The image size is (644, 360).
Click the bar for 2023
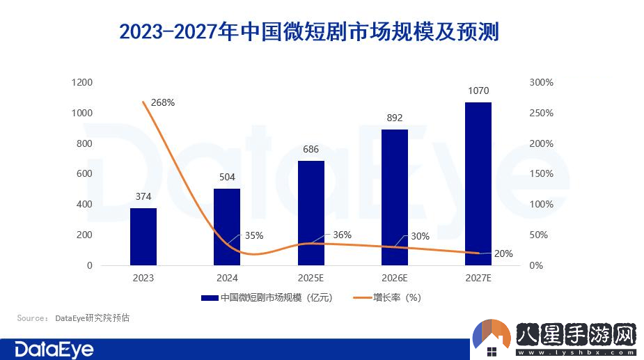143,237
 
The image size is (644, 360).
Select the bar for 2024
227,227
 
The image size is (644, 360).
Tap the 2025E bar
311,213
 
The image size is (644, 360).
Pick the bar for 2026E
395,198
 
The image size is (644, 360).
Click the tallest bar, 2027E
478,184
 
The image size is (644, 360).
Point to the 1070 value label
478,91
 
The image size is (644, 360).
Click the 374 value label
143,197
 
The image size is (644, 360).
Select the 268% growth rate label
163,102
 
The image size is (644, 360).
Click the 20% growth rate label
503,253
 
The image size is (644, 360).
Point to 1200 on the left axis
82,82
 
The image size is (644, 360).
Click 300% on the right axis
541,82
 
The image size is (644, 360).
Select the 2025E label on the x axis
311,278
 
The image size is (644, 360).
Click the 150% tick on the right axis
541,174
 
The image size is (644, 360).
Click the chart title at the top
309,32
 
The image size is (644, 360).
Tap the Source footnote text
74,318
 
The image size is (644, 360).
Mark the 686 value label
311,149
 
